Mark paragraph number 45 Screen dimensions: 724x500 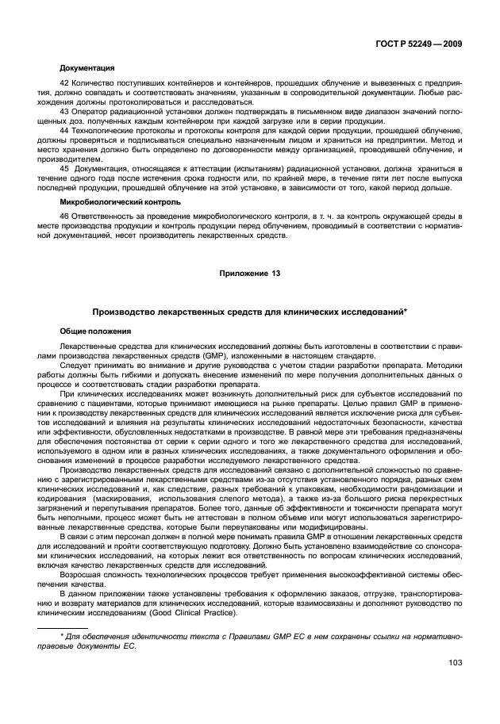tap(65, 170)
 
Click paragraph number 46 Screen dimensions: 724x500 tap(65, 216)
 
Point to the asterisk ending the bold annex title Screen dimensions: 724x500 tap(406, 311)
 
